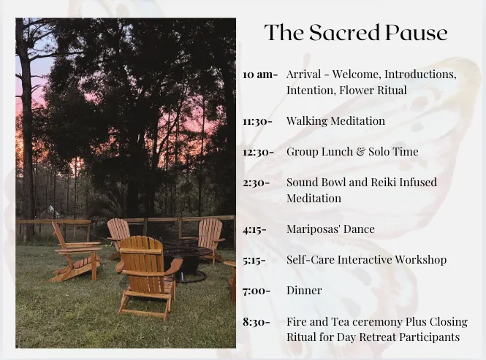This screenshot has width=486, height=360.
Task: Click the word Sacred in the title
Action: click(344, 33)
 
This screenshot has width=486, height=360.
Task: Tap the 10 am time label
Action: click(260, 74)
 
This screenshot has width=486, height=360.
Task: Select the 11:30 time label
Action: click(257, 121)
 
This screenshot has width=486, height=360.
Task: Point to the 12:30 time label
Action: click(258, 152)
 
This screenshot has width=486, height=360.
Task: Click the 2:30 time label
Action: click(257, 183)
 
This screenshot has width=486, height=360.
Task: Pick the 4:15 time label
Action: click(254, 229)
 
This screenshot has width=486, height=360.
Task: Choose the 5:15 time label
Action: click(254, 260)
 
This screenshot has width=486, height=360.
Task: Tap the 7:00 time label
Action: click(257, 291)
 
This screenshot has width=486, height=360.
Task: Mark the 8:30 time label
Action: click(257, 322)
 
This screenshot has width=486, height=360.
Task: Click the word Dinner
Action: click(304, 291)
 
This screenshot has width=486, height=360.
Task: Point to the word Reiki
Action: click(384, 182)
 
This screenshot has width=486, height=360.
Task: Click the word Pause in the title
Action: click(417, 33)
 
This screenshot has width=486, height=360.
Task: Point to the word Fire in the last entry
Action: click(296, 321)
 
